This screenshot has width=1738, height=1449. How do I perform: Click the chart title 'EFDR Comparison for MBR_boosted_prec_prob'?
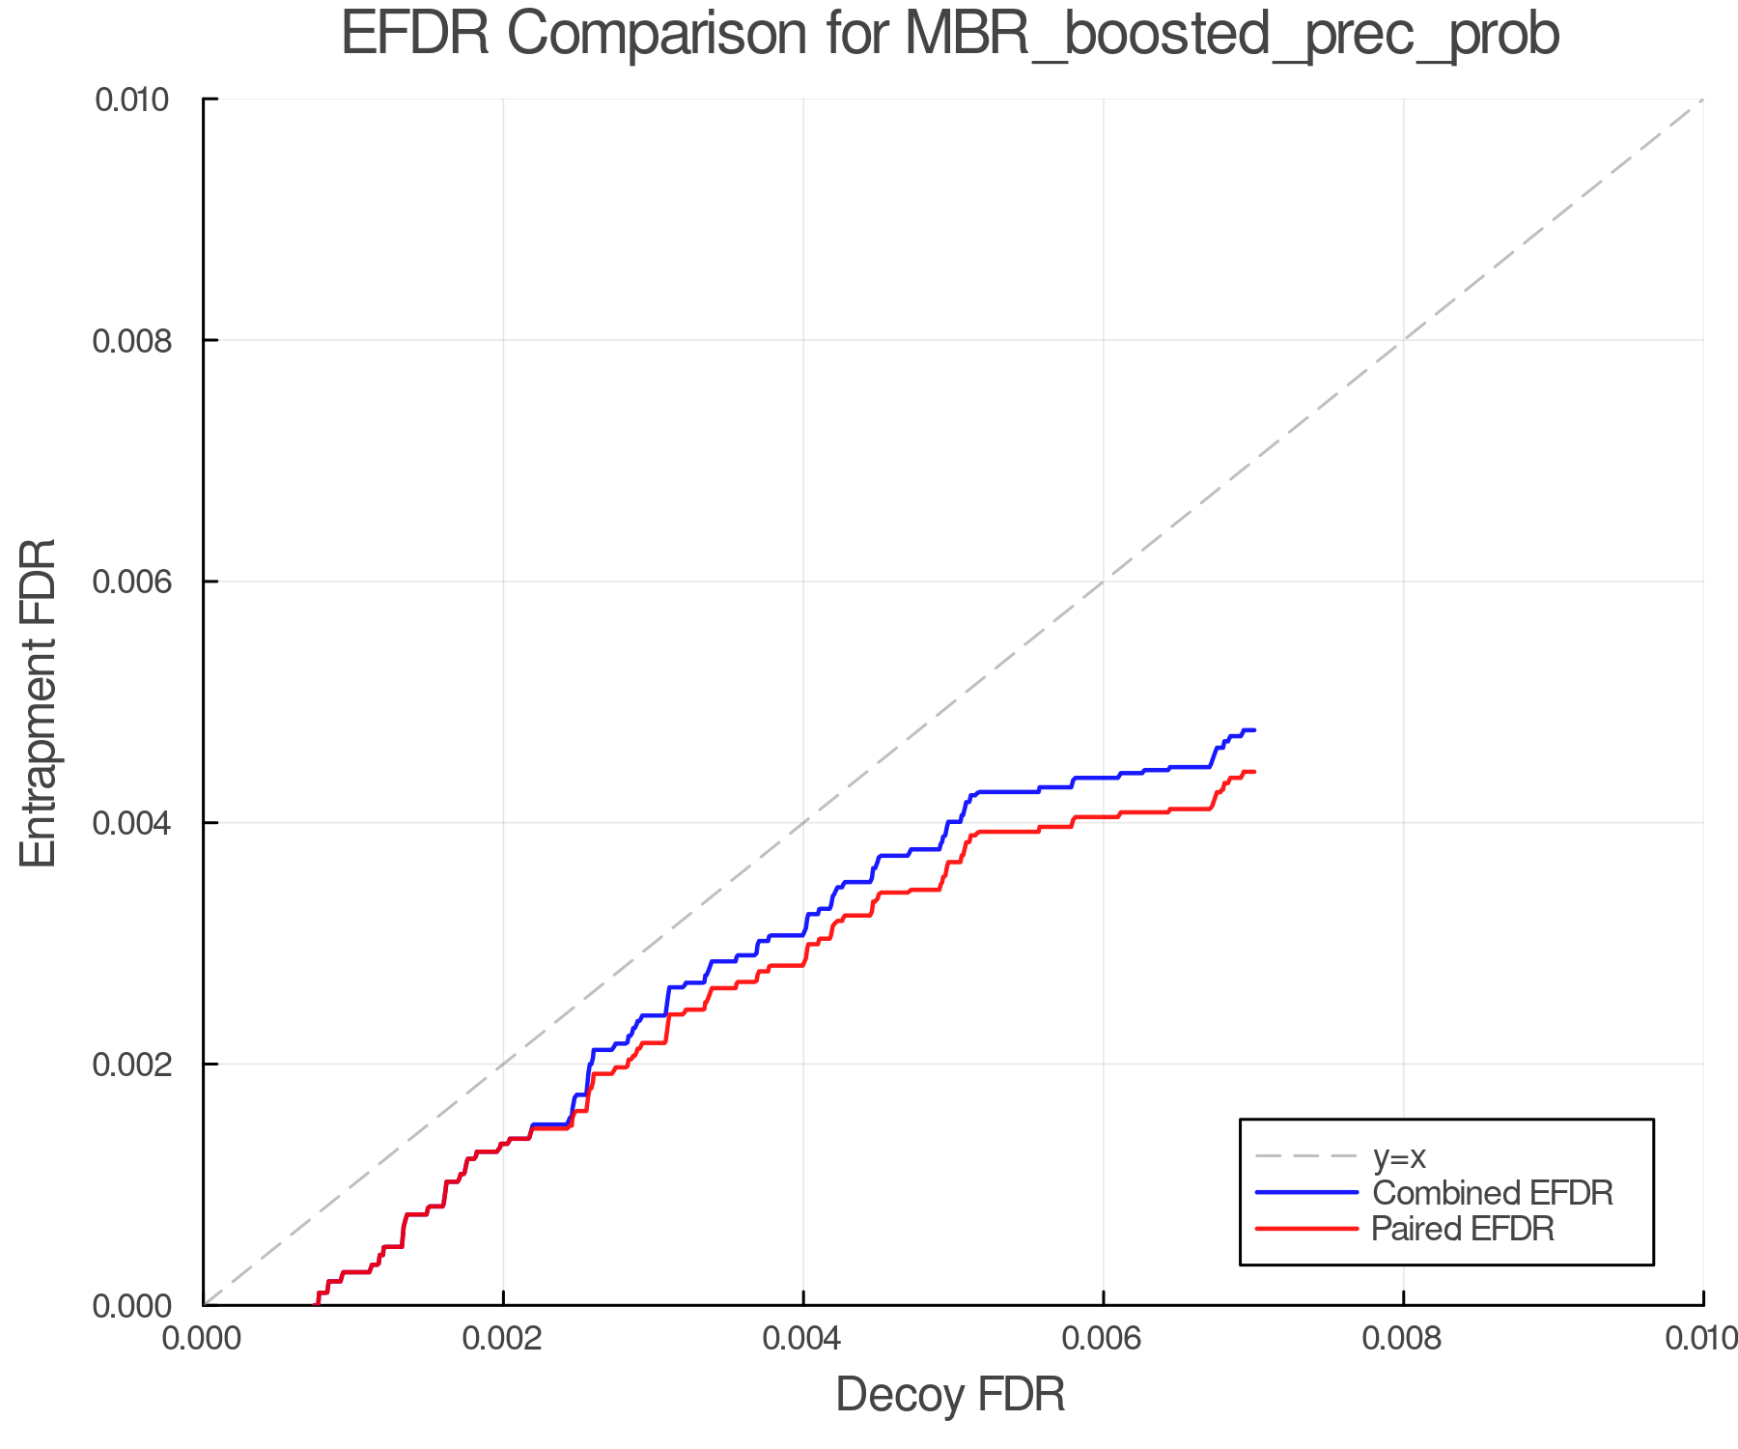tap(950, 35)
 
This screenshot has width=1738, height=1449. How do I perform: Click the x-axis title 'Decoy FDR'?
tap(950, 1395)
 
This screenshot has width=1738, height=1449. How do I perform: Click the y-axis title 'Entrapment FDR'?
tap(39, 702)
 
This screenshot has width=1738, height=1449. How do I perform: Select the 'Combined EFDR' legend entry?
tap(1492, 1193)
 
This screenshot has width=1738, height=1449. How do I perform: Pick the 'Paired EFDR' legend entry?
tap(1462, 1229)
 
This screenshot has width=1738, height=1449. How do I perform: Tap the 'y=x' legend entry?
tap(1399, 1156)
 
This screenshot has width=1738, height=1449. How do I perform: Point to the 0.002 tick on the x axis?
tap(503, 1339)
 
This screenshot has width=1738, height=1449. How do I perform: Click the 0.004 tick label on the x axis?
tap(803, 1339)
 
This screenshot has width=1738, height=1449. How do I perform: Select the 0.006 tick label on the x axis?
tap(1103, 1339)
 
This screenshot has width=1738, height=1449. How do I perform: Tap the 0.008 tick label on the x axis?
tap(1403, 1339)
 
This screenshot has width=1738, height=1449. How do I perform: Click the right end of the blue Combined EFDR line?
tap(1254, 730)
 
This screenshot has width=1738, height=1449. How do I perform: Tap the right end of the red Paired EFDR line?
tap(1254, 772)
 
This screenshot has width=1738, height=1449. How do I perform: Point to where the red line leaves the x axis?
tap(317, 1303)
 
